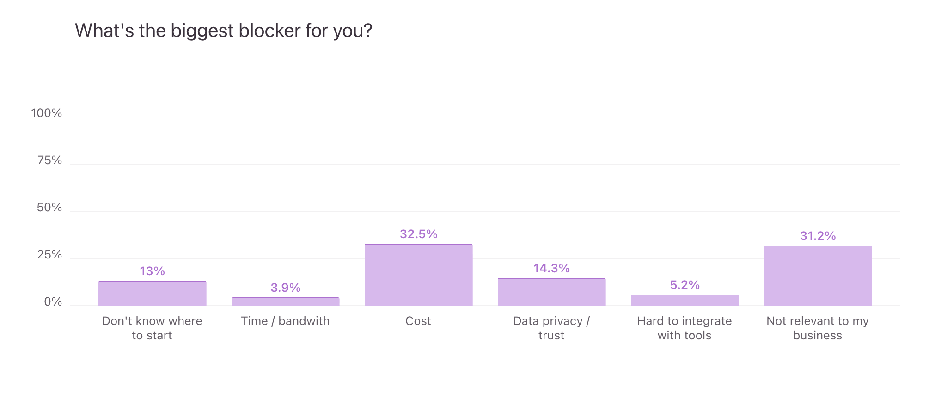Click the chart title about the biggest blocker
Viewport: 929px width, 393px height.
223,31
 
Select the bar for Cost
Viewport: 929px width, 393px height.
418,275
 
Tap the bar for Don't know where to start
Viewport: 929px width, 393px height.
152,293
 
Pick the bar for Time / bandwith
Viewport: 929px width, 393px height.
285,301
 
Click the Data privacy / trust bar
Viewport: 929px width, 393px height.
551,292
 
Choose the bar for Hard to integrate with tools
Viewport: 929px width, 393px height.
685,300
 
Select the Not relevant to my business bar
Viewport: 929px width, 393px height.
818,276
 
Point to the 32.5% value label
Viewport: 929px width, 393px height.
418,234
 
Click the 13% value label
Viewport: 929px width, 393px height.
152,271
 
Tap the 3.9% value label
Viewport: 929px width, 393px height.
285,288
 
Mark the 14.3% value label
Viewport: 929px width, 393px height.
551,268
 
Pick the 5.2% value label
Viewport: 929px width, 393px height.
685,285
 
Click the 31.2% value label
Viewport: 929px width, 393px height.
818,236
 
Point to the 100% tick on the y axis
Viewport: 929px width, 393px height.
46,113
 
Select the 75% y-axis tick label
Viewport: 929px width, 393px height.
49,160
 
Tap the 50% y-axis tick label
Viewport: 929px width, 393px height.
49,208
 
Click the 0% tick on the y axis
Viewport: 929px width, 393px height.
53,302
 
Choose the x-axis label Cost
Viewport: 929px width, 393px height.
418,321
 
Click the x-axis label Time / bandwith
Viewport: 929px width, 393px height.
285,321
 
